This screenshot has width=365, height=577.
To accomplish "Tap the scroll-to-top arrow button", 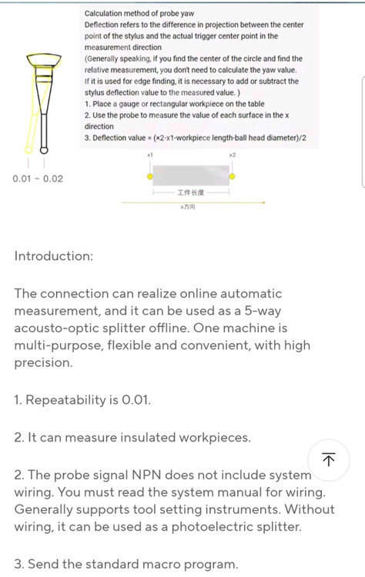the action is point(329,459).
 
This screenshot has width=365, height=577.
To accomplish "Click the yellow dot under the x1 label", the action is point(150,177).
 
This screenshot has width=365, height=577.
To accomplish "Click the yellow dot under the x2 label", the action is point(232,177).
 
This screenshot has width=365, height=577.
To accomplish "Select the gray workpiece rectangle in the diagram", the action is point(191,175).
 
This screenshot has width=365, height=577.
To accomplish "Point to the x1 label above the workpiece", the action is point(149,155).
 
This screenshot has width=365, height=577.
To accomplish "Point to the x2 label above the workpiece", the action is point(232,155).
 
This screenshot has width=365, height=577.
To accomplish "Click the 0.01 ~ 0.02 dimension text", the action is point(38,178).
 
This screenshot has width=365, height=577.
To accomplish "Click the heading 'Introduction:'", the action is point(54,255).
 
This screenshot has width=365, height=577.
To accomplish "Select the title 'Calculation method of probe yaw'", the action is point(139,14).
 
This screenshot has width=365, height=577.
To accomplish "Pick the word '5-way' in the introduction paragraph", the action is point(263,311).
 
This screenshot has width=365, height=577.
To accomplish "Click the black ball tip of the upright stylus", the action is point(44,150).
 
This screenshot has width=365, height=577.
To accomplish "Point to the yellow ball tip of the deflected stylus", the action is point(28,149).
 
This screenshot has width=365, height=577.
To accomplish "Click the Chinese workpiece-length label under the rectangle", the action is point(191,192).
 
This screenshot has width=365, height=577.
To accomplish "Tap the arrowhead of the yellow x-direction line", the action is point(263,202).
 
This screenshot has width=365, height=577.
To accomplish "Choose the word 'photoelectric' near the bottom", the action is point(212,526).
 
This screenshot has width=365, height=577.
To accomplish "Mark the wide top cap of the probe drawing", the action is point(44,59).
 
